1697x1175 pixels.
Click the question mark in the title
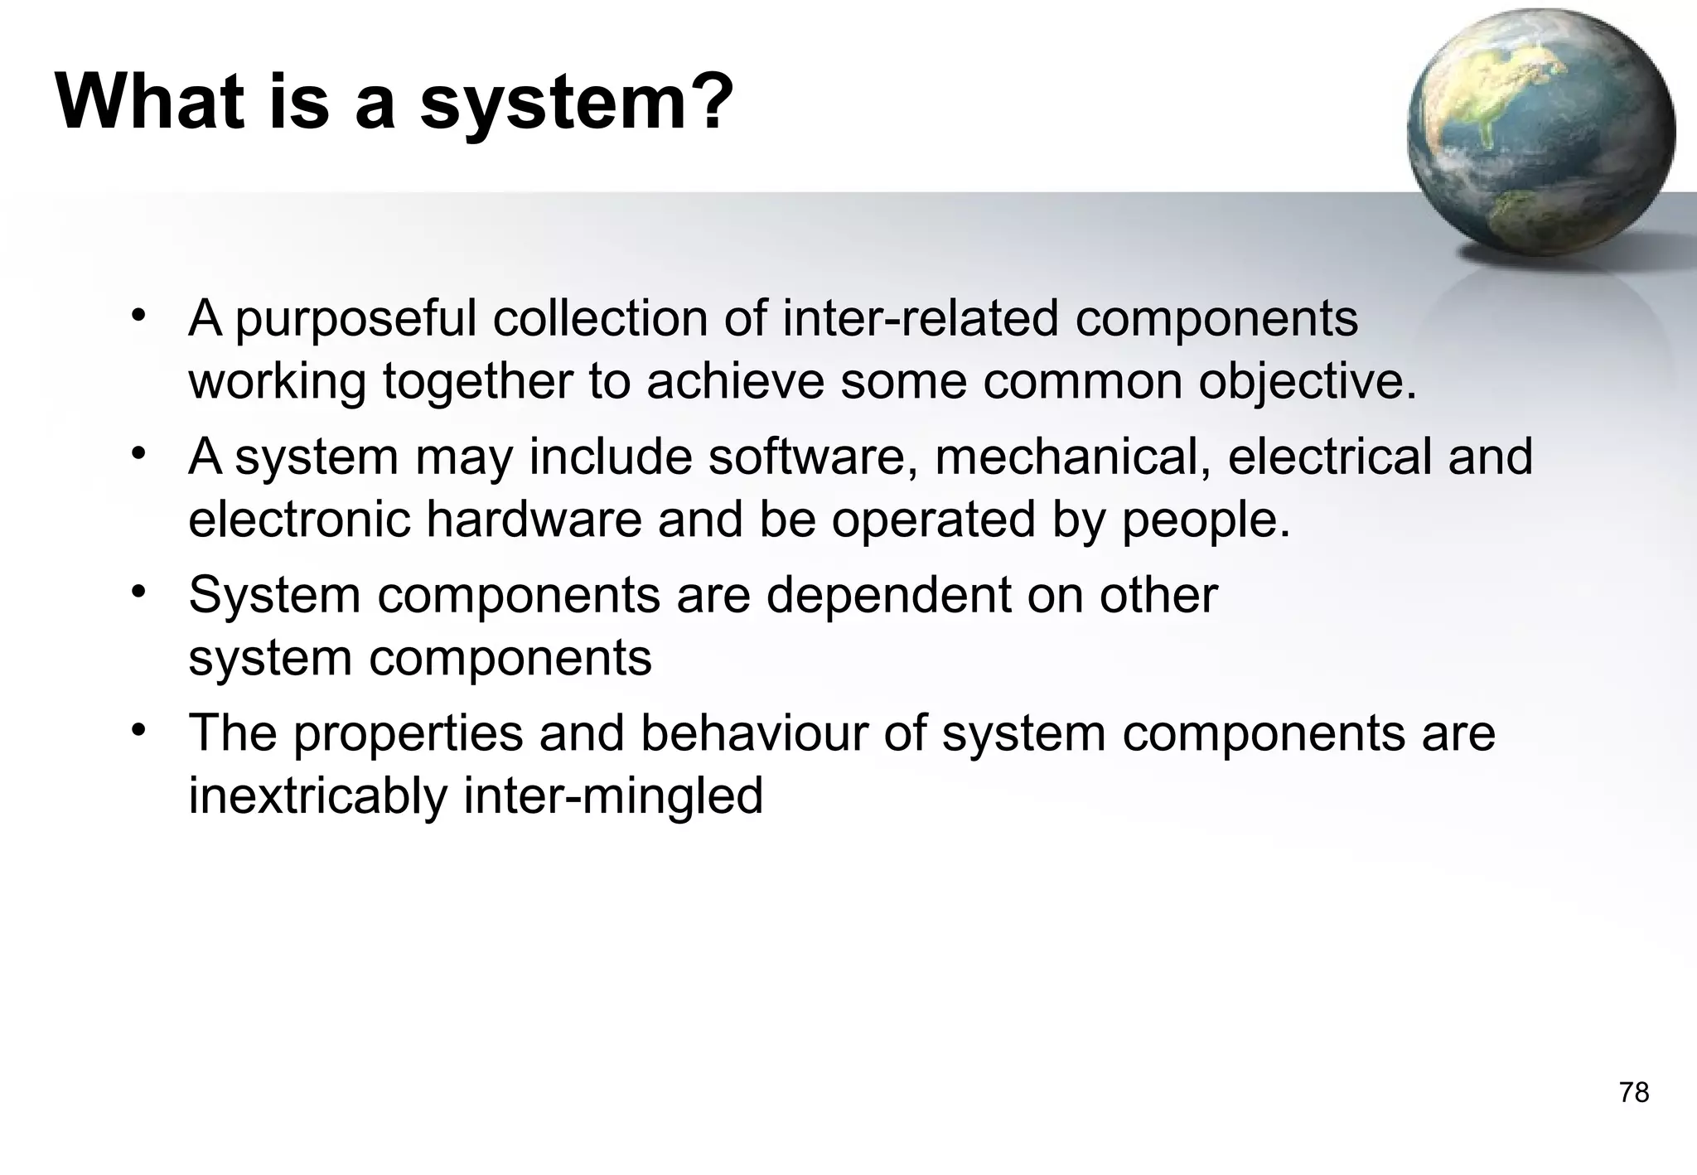pos(706,103)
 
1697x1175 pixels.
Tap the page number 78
pos(1634,1093)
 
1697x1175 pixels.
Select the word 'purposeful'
pos(355,320)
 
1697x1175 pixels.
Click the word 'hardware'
pos(534,520)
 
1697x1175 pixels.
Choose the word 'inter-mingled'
pos(612,797)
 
